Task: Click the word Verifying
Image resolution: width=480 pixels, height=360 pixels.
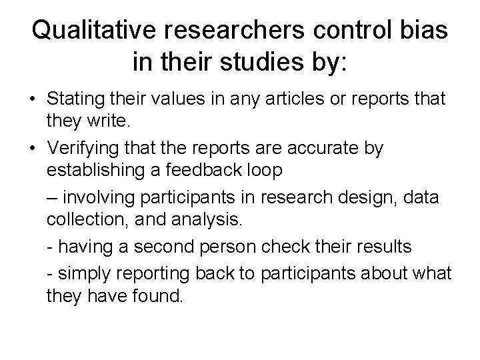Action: [x=82, y=148]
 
